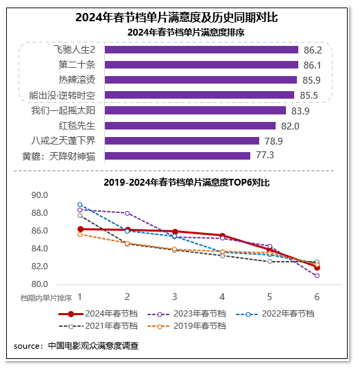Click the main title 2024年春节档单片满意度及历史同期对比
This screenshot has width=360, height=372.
(x=180, y=17)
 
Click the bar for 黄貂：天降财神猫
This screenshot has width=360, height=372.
(x=178, y=156)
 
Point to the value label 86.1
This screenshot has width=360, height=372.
(x=313, y=65)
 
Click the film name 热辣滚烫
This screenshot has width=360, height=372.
(x=77, y=80)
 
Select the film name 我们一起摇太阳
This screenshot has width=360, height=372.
(x=67, y=110)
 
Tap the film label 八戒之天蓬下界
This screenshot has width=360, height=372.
(x=67, y=140)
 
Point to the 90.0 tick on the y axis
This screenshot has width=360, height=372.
(x=39, y=195)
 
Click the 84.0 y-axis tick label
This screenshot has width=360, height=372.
(x=39, y=249)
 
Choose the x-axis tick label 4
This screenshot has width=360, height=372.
(x=222, y=297)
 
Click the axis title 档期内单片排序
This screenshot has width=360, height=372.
(x=46, y=298)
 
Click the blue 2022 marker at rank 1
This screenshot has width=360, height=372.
(x=80, y=204)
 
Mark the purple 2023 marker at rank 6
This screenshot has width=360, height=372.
(x=317, y=275)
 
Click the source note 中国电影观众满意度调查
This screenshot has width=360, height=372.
(x=92, y=346)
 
